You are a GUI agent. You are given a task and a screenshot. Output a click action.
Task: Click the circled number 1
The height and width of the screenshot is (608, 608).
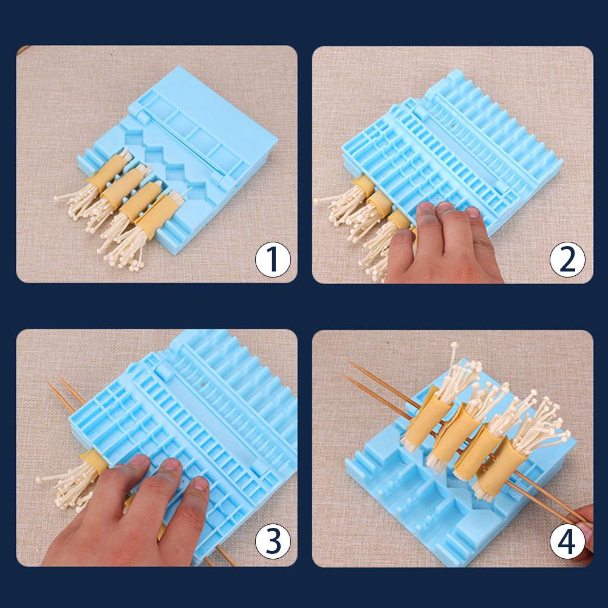(272, 259)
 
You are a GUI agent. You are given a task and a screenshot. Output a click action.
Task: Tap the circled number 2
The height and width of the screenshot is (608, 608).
(567, 259)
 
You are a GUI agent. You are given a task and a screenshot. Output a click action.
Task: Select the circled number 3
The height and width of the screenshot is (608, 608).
(272, 542)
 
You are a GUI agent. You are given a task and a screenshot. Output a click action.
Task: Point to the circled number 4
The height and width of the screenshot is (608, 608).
(567, 542)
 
